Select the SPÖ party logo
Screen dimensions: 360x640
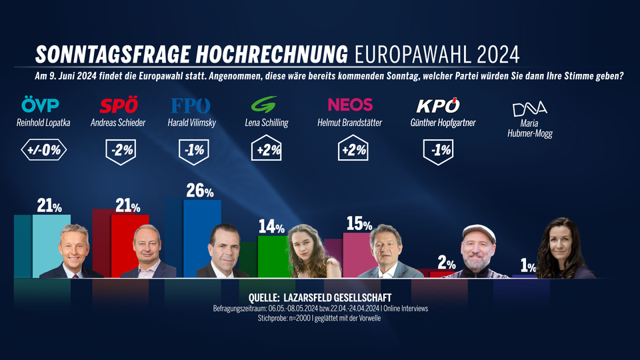coord(118,105)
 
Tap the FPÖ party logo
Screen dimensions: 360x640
coord(191,105)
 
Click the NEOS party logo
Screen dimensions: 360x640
coord(350,105)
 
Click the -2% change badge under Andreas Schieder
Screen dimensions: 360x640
coord(122,150)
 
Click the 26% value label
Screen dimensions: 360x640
coord(200,191)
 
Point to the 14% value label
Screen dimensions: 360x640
coord(271,227)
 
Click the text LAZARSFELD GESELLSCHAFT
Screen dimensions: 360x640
coord(337,297)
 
